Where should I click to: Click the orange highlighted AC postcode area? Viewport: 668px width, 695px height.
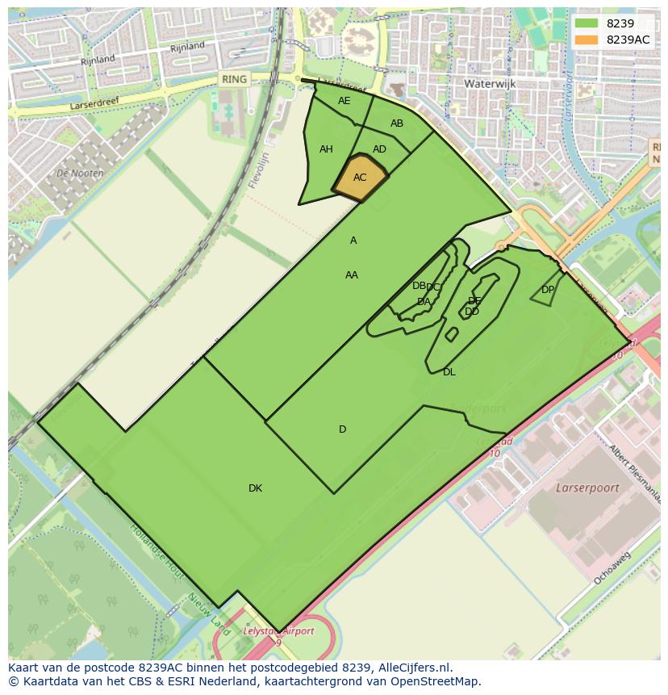(360, 178)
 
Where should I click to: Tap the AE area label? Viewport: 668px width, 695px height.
(344, 101)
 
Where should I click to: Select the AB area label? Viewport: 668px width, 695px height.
(397, 124)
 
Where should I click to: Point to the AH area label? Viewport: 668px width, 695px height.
(326, 149)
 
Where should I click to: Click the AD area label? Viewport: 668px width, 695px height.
(379, 149)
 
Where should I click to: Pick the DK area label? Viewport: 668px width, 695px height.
(255, 488)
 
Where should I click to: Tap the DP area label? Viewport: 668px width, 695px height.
(548, 290)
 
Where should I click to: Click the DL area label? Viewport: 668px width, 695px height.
(449, 372)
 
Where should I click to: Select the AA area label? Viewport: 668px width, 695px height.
(352, 275)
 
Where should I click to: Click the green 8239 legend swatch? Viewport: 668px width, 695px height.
(586, 23)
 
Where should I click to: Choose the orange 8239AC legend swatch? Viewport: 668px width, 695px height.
(586, 40)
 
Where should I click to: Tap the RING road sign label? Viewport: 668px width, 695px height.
(234, 79)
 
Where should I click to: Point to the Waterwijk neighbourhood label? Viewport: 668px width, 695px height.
(490, 83)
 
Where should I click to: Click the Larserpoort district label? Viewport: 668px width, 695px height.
(587, 488)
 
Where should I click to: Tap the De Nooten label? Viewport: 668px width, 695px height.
(80, 174)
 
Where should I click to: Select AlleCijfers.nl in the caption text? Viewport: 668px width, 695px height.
(411, 668)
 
